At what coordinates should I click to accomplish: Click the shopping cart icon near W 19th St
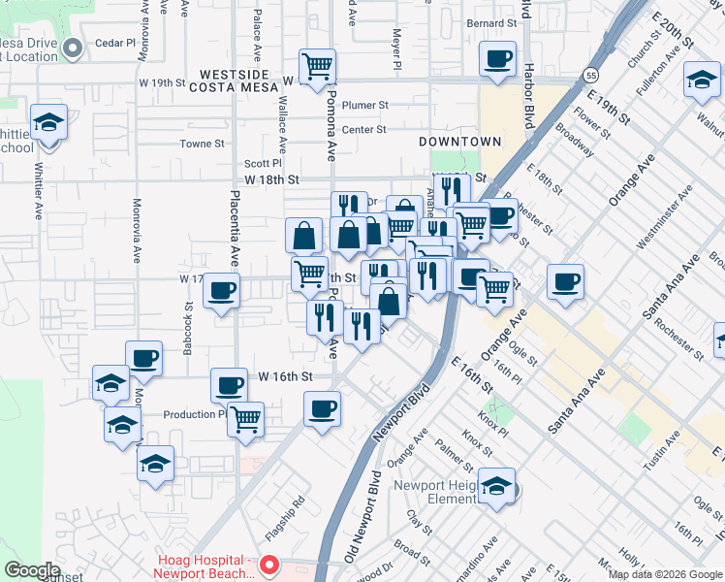click(317, 67)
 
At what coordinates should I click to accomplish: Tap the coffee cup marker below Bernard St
click(497, 58)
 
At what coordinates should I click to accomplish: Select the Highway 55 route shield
click(589, 75)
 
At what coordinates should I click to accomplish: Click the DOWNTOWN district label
click(460, 142)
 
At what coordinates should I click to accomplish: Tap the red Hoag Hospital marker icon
click(270, 564)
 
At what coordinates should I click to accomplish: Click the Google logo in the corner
click(33, 570)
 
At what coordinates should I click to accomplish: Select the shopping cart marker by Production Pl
click(245, 419)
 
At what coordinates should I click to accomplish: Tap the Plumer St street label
click(364, 105)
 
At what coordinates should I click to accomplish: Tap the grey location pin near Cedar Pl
click(71, 48)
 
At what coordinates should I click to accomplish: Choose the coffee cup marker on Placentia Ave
click(221, 289)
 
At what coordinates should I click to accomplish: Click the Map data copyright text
click(664, 574)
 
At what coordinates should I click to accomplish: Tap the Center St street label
click(363, 129)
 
